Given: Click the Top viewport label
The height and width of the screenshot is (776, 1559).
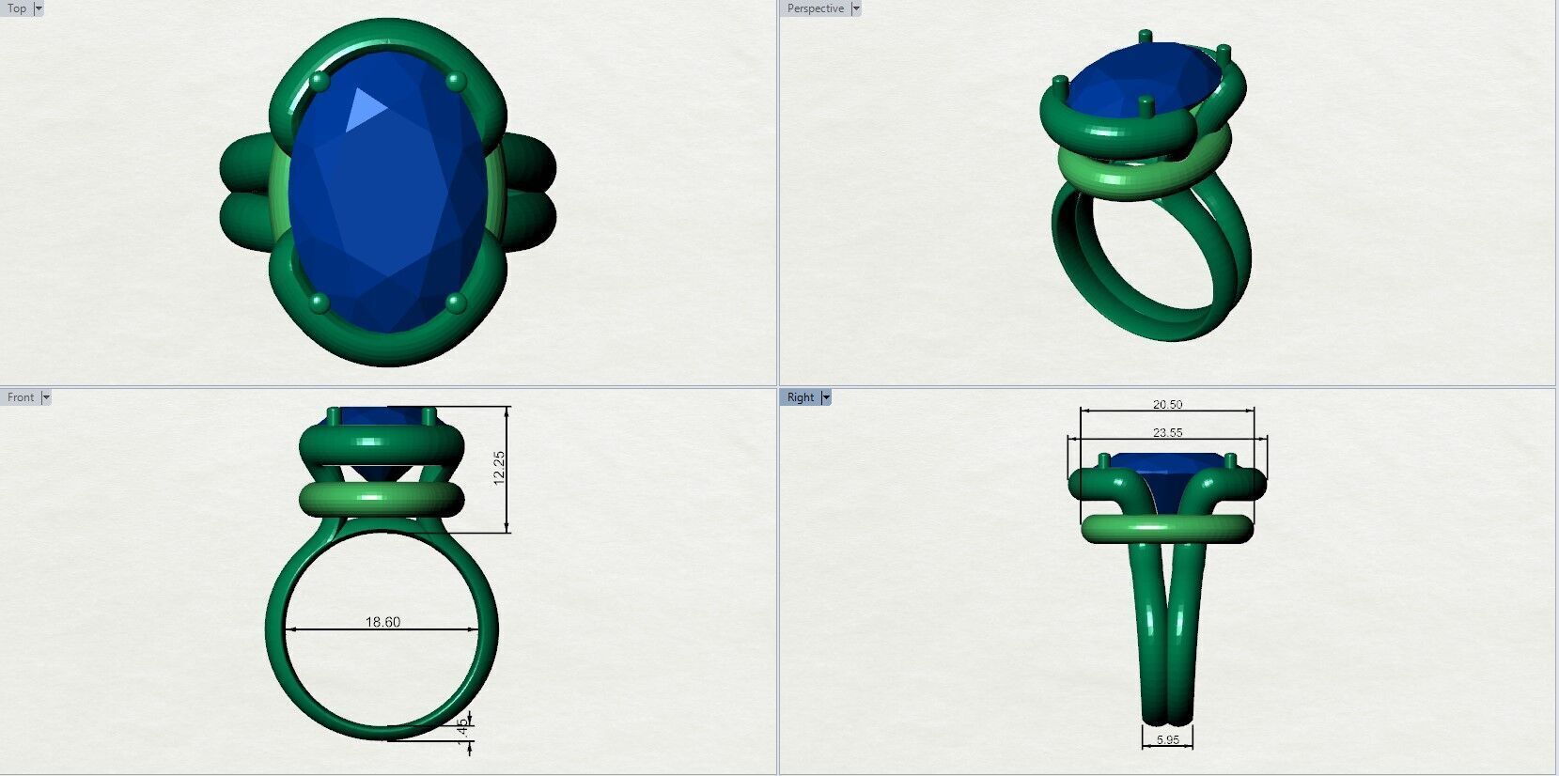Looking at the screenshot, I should click(x=17, y=8).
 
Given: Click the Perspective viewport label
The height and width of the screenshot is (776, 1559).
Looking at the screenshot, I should click(x=815, y=8).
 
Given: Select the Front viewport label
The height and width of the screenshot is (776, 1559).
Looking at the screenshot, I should click(x=20, y=397).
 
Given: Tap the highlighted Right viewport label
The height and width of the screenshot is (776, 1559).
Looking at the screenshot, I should click(x=800, y=397).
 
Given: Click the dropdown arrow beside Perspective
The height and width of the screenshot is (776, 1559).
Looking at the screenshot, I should click(x=855, y=8).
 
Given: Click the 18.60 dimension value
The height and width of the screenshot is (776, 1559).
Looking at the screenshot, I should click(x=382, y=622).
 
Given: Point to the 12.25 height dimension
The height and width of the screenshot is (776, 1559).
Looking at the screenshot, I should click(x=499, y=467).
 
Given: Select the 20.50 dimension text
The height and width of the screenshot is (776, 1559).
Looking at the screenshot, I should click(x=1167, y=405).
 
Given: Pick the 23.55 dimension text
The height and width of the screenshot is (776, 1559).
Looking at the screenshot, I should click(x=1167, y=433).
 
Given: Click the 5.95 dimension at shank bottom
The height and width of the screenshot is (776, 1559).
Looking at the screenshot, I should click(x=1167, y=740).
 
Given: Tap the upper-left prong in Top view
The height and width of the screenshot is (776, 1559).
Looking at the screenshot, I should click(x=320, y=82).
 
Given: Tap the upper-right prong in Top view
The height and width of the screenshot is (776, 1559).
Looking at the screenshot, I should click(x=456, y=81).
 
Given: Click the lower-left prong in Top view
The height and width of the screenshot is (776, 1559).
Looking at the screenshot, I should click(x=320, y=303).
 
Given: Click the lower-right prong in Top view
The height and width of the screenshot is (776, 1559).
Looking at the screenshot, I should click(x=456, y=303).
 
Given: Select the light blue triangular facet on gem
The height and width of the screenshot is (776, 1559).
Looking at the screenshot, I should click(x=362, y=110).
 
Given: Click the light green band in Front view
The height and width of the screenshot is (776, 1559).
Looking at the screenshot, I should click(x=382, y=499).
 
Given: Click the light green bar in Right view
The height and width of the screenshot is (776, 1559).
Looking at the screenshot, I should click(x=1167, y=529).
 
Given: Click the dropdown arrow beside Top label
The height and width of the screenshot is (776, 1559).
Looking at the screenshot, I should click(x=39, y=8).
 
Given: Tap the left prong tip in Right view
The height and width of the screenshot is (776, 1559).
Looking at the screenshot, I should click(x=1104, y=459).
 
